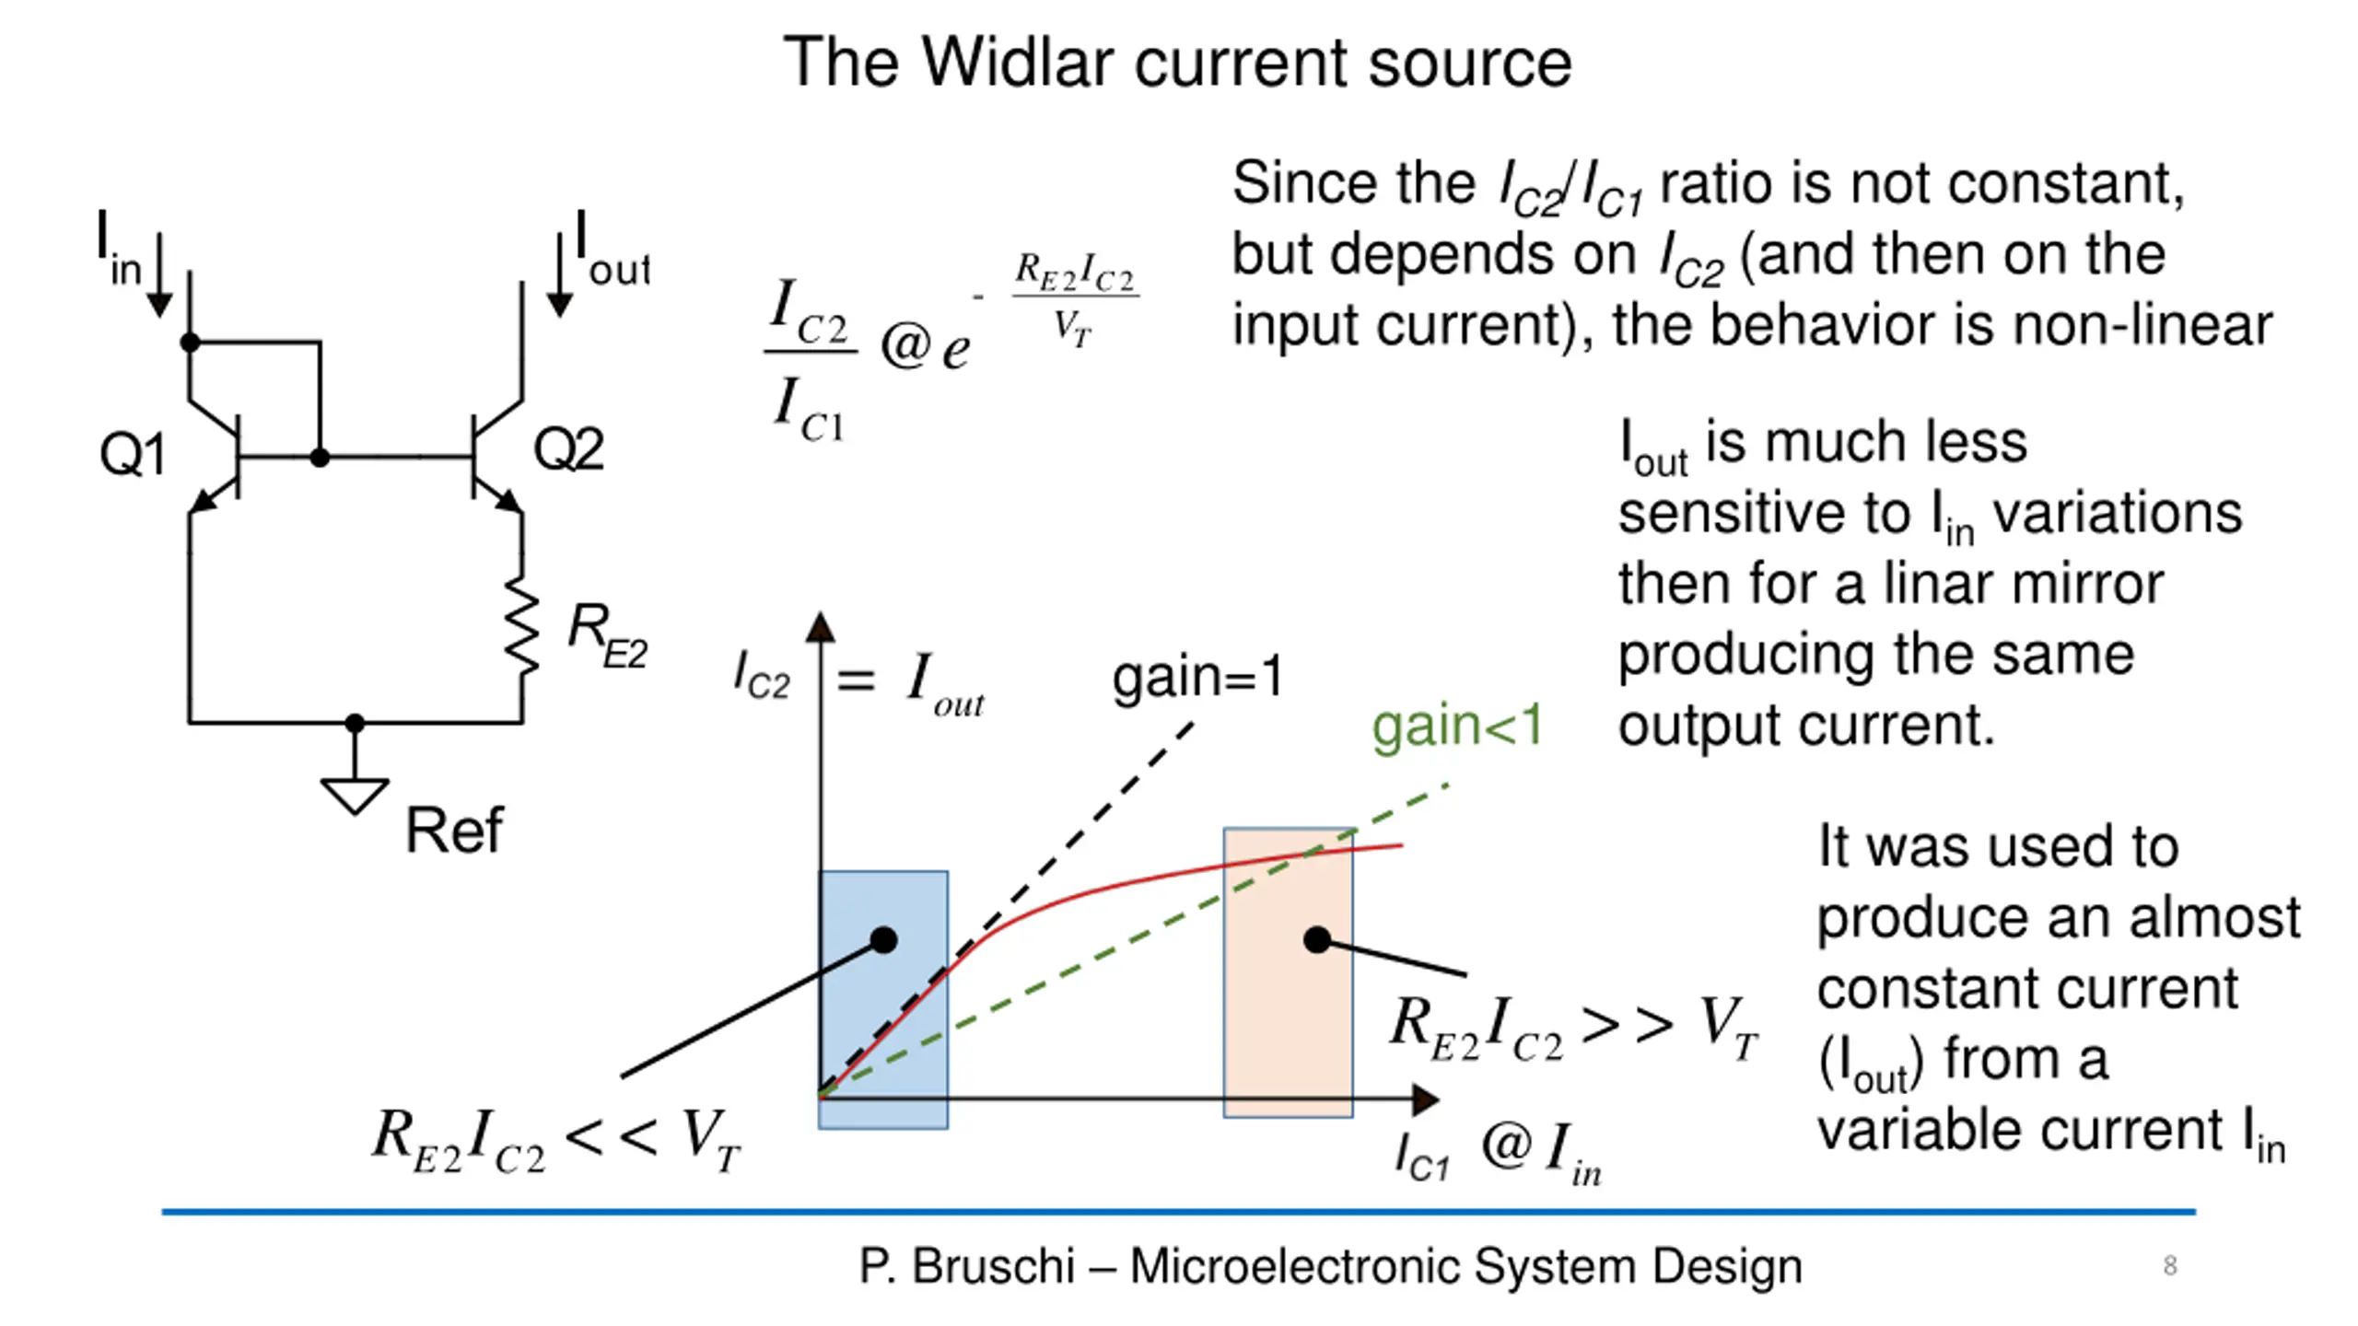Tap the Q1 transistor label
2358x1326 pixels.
pos(132,453)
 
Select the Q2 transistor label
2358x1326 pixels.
pos(568,449)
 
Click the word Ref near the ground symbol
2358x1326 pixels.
pos(454,831)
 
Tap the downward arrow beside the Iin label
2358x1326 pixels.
pos(159,276)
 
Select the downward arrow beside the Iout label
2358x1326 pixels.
pos(559,276)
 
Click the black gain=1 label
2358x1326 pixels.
pos(1197,678)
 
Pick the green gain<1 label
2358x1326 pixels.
pos(1456,726)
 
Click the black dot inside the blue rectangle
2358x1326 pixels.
pos(883,940)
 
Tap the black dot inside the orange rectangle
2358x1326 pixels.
pos(1317,940)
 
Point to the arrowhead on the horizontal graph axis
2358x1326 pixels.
pos(1425,1099)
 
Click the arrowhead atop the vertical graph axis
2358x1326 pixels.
pos(820,628)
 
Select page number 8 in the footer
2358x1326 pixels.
pos(2170,1265)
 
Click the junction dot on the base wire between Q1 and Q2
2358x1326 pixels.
pos(320,457)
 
